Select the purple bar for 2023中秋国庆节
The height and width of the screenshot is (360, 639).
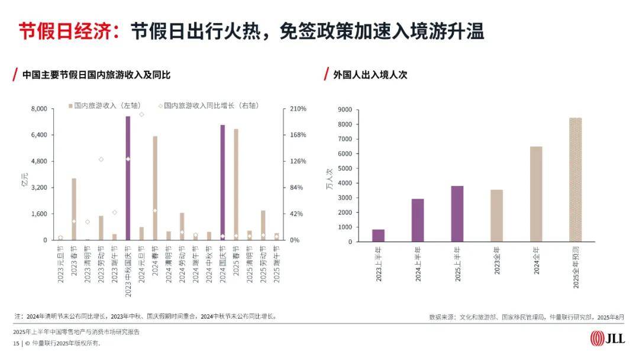(x=128, y=178)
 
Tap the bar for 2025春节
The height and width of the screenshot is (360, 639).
(x=236, y=184)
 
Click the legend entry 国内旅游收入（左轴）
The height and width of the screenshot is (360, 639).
(x=104, y=105)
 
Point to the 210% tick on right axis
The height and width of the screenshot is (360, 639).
(x=298, y=109)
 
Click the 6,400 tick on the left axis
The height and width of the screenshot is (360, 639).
(x=38, y=135)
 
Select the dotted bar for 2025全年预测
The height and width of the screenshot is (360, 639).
(x=575, y=179)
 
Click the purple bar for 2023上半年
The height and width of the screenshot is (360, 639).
(x=378, y=235)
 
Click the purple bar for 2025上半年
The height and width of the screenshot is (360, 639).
(x=457, y=214)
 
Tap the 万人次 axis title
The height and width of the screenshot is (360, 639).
(x=329, y=178)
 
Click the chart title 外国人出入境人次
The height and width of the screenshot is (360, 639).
(x=370, y=75)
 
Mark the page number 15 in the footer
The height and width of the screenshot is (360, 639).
(x=15, y=343)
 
